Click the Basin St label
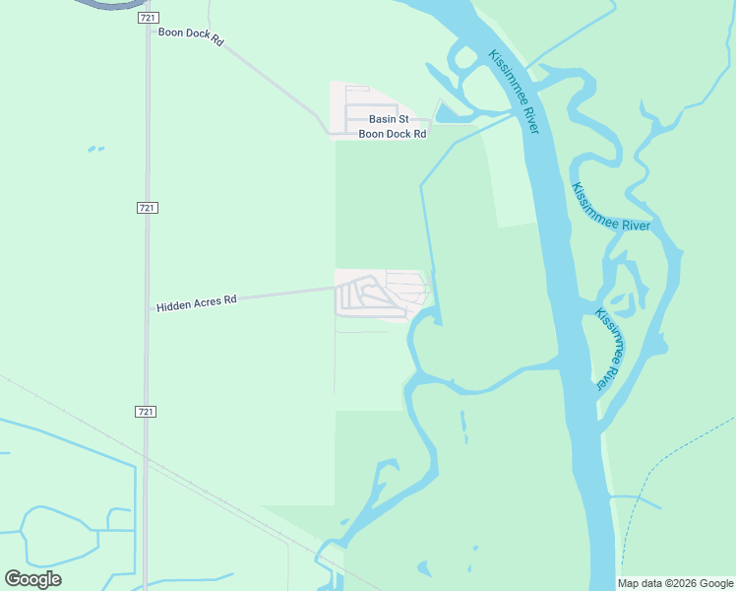[389, 119]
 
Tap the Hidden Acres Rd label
[197, 302]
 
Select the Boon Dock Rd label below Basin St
[393, 134]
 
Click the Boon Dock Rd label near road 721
[192, 37]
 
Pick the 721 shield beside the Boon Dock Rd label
[148, 19]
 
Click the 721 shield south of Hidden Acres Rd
[147, 411]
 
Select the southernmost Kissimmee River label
[610, 349]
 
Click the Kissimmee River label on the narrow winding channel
[611, 209]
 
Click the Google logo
[32, 579]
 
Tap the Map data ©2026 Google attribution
[675, 583]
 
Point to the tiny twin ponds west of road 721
[95, 150]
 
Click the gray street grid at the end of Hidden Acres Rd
[379, 295]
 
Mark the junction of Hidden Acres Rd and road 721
[148, 308]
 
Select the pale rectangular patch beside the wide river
[513, 182]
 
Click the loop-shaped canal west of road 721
[59, 537]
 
